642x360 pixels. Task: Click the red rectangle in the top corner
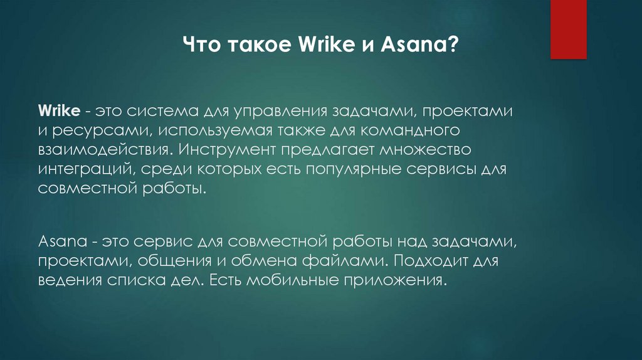pyautogui.click(x=568, y=29)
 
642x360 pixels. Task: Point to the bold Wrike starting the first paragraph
pyautogui.click(x=58, y=112)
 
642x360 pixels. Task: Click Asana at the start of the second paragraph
pyautogui.click(x=59, y=241)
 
